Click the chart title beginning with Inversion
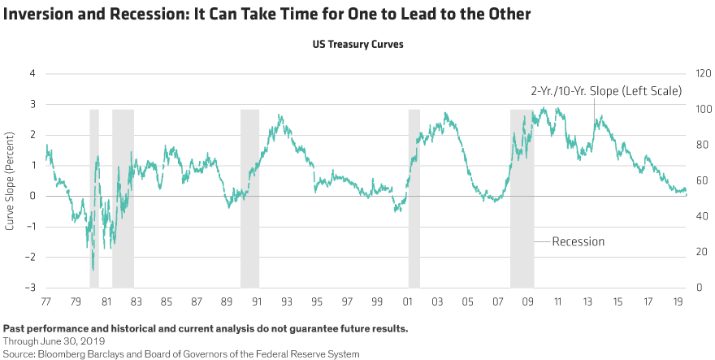point(266,15)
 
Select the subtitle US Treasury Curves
point(357,46)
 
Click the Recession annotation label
point(578,241)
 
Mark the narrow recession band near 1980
point(94,197)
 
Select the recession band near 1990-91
point(249,197)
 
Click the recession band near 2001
point(414,197)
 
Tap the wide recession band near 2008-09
point(522,197)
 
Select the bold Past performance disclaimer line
point(206,329)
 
